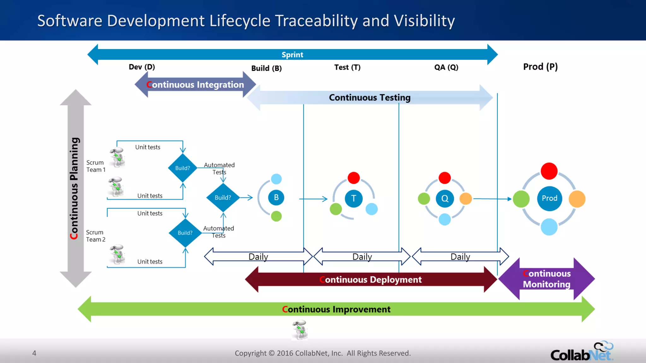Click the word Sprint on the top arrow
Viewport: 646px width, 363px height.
pos(292,55)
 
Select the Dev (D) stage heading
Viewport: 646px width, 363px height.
pos(142,67)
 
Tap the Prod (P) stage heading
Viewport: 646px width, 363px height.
pos(540,67)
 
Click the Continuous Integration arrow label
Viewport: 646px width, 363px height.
pos(195,85)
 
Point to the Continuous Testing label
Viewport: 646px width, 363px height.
pos(369,98)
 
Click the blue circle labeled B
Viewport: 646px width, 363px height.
pos(276,198)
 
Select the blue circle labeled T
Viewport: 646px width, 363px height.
pos(354,199)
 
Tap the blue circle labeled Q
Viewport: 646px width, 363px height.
pos(445,199)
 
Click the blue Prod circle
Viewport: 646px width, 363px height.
pos(549,199)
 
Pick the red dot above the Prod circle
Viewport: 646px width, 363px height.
pos(549,171)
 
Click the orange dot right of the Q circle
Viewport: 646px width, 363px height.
pos(466,199)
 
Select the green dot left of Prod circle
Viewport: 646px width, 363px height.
pos(521,199)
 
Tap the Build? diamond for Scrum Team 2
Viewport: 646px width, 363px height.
pos(185,233)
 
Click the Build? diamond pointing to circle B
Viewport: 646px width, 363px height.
pos(223,198)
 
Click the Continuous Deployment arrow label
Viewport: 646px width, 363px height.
pos(371,280)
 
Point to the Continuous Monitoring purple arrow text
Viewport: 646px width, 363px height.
pos(547,279)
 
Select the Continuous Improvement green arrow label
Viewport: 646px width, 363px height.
pos(336,309)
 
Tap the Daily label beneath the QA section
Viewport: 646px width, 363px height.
pos(460,257)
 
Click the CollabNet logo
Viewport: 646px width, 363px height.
pos(582,352)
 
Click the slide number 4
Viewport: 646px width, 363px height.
pos(34,353)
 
